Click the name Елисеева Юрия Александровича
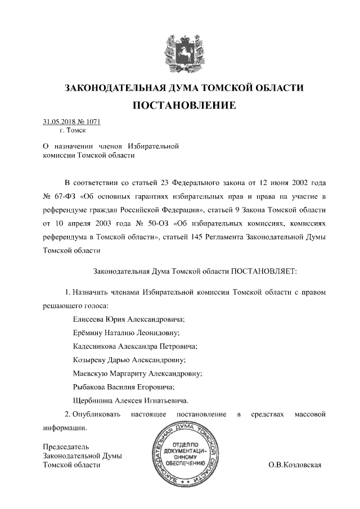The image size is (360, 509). click(129, 318)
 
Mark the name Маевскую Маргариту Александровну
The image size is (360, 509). click(138, 373)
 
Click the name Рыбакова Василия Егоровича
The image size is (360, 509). click(124, 387)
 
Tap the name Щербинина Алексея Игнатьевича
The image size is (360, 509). click(131, 400)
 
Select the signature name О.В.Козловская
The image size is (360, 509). click(295, 465)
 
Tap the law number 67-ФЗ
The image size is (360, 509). click(65, 196)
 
